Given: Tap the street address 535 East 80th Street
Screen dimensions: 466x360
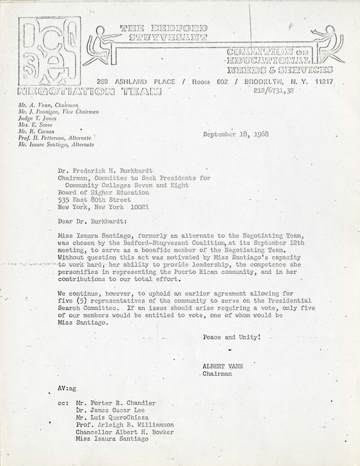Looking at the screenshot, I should click(95, 199).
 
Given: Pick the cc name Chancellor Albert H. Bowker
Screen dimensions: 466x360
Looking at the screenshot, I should click(121, 432).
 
